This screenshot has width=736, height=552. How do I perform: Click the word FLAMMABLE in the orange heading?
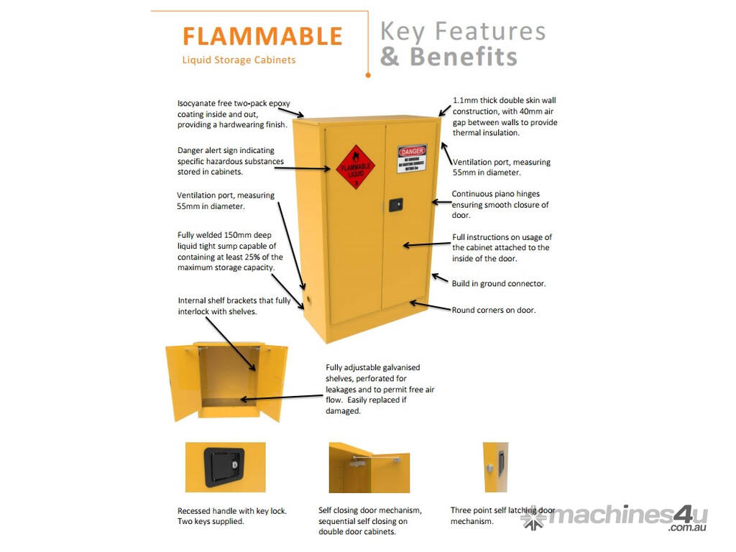point(262,36)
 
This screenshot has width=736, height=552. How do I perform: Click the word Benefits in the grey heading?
point(464,57)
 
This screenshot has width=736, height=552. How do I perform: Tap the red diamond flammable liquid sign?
point(356,167)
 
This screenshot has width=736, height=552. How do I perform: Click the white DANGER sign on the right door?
point(412,159)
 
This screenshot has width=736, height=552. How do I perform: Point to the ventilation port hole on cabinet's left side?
point(310,297)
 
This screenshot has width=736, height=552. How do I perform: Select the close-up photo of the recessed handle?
point(225,467)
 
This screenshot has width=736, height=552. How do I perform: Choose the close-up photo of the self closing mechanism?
point(369,467)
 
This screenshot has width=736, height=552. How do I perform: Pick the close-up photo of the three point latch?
point(495,467)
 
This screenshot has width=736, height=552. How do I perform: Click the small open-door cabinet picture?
point(226,381)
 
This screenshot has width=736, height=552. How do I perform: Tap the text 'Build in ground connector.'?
point(498,284)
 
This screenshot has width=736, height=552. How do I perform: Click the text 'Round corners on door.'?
point(493,310)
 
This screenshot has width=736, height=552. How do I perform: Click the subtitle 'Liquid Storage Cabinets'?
point(239,60)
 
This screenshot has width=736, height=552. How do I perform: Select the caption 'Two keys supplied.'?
point(211,521)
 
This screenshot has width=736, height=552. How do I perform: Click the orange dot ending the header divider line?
point(367,74)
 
